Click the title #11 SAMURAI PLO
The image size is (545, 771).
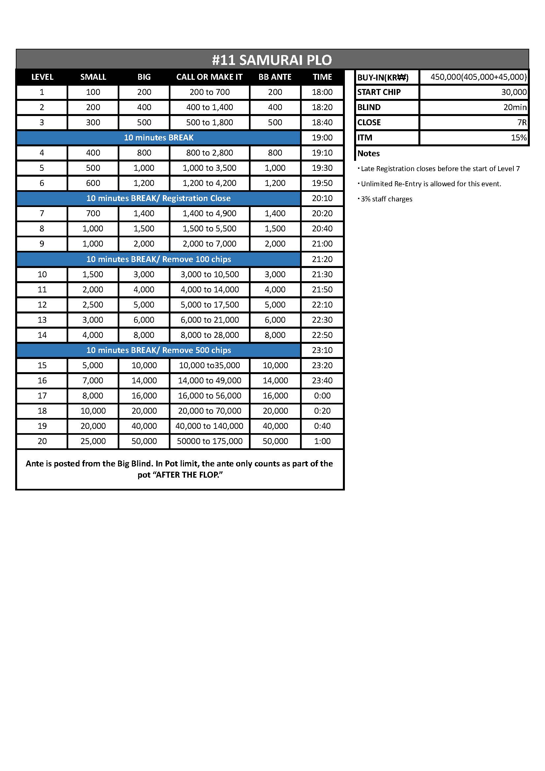pyautogui.click(x=272, y=60)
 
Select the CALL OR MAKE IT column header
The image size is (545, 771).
pyautogui.click(x=209, y=77)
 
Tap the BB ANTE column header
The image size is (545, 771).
pyautogui.click(x=275, y=77)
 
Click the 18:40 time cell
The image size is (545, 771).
pyautogui.click(x=322, y=122)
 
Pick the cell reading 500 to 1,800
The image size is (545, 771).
pyautogui.click(x=209, y=122)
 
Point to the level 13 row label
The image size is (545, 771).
pyautogui.click(x=42, y=320)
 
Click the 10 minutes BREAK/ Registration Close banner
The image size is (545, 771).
pyautogui.click(x=158, y=198)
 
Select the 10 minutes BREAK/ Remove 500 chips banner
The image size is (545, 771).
pyautogui.click(x=158, y=350)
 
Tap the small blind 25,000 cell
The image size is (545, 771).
pyautogui.click(x=93, y=441)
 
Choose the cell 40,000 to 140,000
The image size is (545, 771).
pyautogui.click(x=209, y=426)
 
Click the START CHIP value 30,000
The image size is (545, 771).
pyautogui.click(x=514, y=92)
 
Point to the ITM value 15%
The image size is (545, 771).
pyautogui.click(x=519, y=137)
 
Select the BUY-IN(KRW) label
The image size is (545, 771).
pyautogui.click(x=382, y=77)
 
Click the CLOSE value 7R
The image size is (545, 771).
pyautogui.click(x=522, y=122)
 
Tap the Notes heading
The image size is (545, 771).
pyautogui.click(x=368, y=154)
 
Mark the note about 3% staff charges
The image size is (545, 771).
pyautogui.click(x=386, y=199)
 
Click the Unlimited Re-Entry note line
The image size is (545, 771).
pyautogui.click(x=431, y=184)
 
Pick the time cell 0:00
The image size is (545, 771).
pyautogui.click(x=322, y=396)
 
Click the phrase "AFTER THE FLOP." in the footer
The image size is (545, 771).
pyautogui.click(x=190, y=475)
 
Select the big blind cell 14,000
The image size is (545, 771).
pyautogui.click(x=144, y=380)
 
